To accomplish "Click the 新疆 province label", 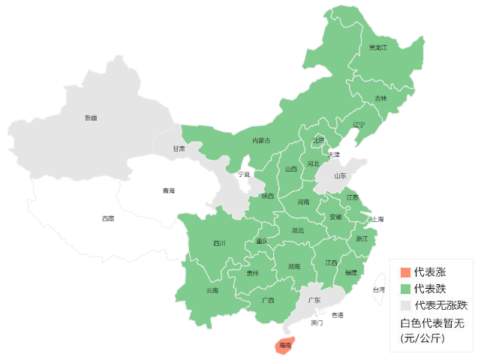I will click(91, 118).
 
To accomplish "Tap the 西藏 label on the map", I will click(109, 218).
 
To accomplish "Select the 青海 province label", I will click(168, 190).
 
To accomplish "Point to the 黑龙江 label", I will click(378, 47).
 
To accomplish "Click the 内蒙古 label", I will click(261, 140).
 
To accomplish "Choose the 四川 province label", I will click(219, 243).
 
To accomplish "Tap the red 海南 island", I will click(284, 345).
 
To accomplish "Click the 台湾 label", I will click(379, 289).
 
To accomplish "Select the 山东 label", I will click(341, 175).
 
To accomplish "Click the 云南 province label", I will click(212, 290).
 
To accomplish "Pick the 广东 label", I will click(314, 300).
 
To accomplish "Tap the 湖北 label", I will click(298, 230).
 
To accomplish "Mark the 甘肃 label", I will click(179, 148).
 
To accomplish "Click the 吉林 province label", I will click(381, 98).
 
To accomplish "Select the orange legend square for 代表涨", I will click(405, 271).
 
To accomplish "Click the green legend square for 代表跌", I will click(405, 288).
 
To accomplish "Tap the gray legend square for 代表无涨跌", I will click(405, 305).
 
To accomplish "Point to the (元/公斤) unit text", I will click(423, 338).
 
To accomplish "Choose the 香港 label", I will click(338, 315).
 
